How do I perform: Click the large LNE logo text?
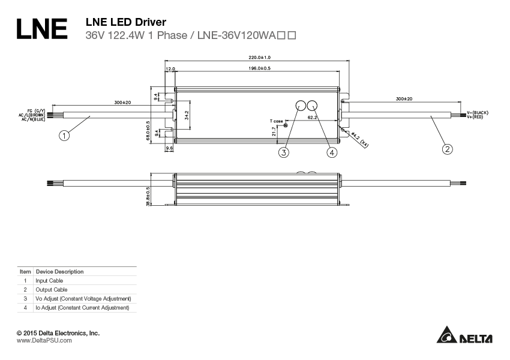coord(41,29)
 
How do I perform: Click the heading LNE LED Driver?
coord(122,22)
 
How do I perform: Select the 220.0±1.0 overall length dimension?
coord(259,57)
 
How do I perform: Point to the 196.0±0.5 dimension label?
coord(259,68)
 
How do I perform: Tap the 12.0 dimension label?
coord(170,69)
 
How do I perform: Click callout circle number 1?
coord(65,136)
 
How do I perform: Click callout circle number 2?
coord(446,148)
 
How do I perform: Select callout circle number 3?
coord(284,152)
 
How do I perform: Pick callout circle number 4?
coord(332,152)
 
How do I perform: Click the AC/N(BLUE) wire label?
coord(33,119)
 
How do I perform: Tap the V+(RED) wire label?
coord(478,117)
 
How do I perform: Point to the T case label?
coord(276,121)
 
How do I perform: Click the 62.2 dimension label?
coord(312,118)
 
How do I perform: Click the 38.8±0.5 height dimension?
coord(148,196)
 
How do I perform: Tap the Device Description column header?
coord(59,272)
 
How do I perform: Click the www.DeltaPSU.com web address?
coord(44,340)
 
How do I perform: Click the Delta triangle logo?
coord(446,335)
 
